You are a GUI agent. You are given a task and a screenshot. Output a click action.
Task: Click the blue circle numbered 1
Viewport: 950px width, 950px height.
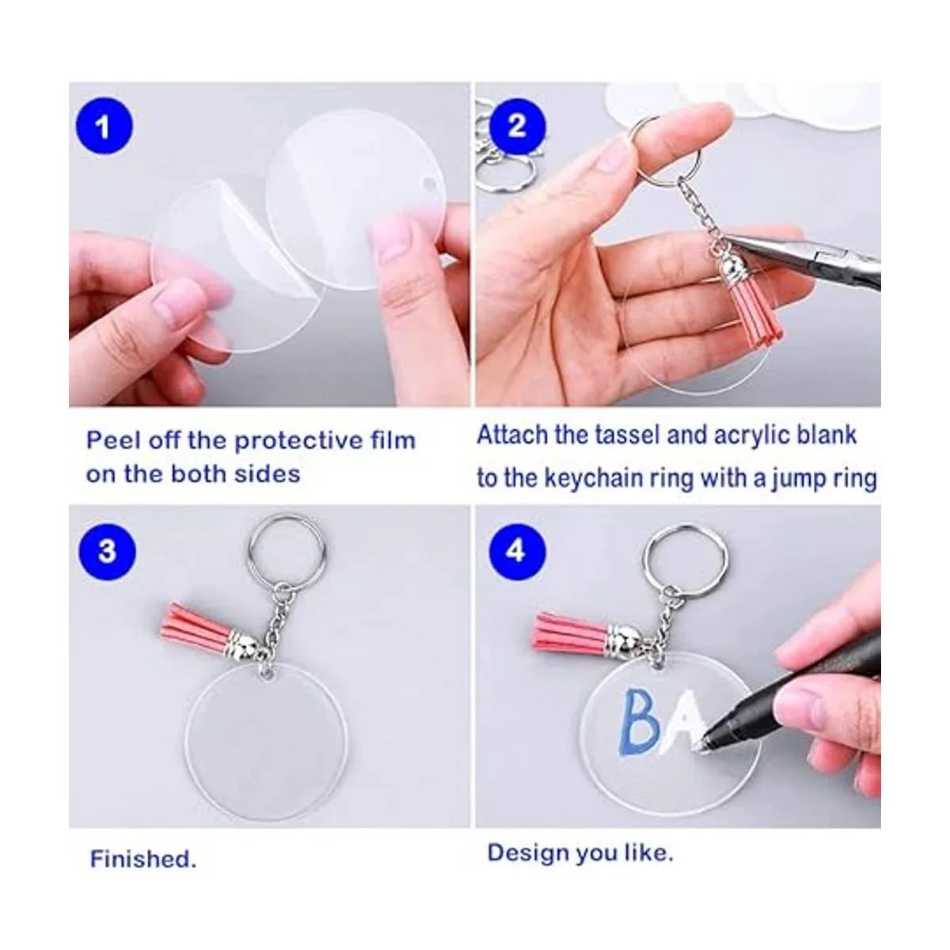pyautogui.click(x=104, y=127)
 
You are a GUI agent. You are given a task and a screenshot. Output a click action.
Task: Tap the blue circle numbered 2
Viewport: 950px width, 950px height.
pyautogui.click(x=517, y=127)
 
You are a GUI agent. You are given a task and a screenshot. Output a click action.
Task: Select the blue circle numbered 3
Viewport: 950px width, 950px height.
pyautogui.click(x=107, y=551)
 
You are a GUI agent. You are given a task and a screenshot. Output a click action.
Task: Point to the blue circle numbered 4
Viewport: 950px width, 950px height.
pyautogui.click(x=517, y=551)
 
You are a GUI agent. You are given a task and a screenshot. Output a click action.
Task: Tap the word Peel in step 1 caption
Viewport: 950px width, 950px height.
pyautogui.click(x=113, y=439)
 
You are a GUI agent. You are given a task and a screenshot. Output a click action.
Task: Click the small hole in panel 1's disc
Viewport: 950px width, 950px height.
pyautogui.click(x=432, y=184)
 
